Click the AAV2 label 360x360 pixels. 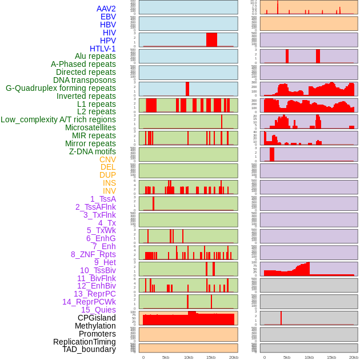click(106, 9)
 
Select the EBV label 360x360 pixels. click(108, 17)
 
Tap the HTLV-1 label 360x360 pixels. click(103, 49)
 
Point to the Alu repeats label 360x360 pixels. click(95, 56)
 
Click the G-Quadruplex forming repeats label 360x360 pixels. click(61, 88)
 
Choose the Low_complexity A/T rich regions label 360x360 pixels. click(58, 119)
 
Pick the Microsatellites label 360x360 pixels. click(90, 127)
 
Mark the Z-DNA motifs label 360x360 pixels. click(93, 151)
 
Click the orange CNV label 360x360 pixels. click(107, 159)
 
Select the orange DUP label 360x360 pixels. click(107, 175)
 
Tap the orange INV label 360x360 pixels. click(109, 191)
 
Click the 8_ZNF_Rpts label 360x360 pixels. click(93, 254)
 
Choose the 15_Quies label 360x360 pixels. click(98, 310)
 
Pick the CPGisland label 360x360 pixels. click(97, 318)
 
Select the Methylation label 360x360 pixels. click(95, 326)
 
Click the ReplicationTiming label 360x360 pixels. click(85, 342)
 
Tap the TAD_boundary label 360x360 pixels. click(89, 349)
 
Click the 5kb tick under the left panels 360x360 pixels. click(166, 357)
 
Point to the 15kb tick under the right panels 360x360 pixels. click(331, 357)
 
